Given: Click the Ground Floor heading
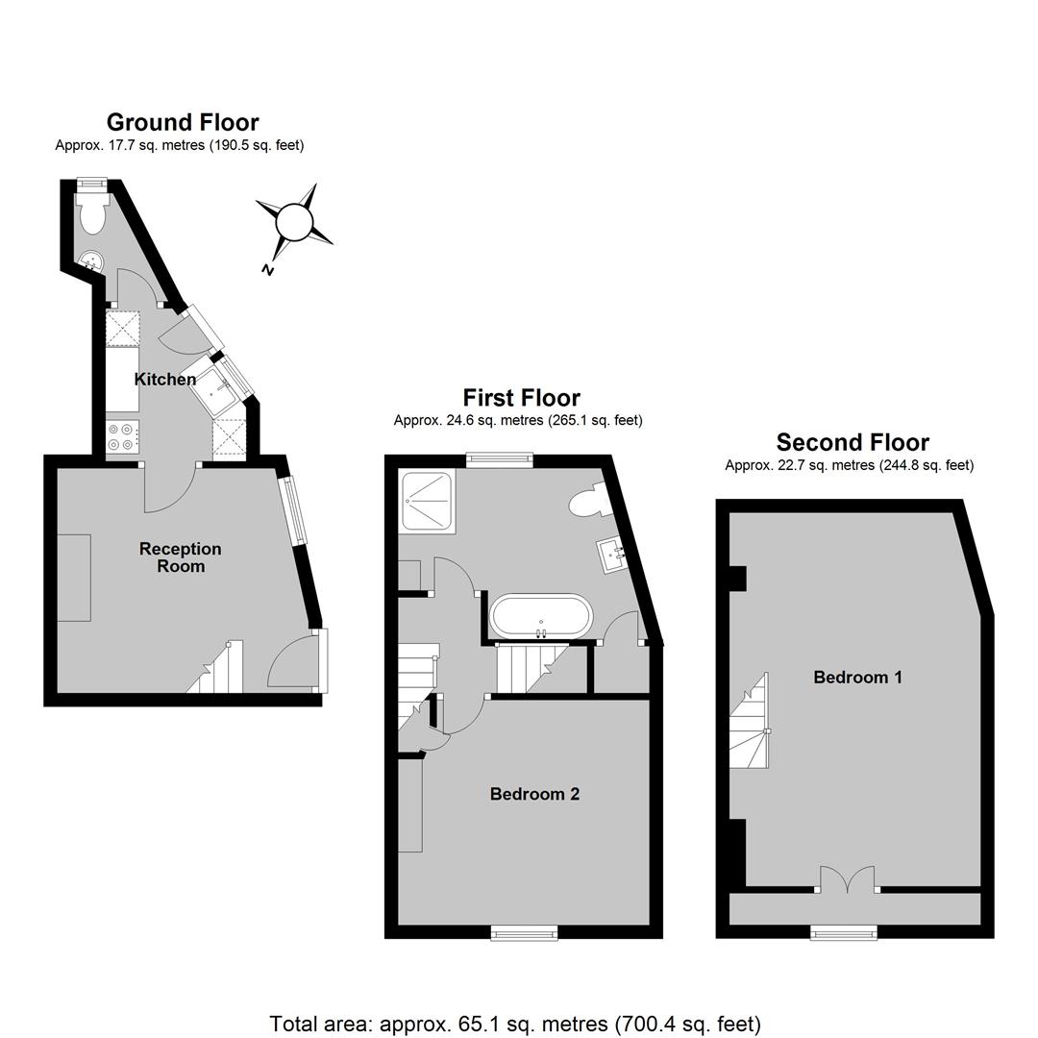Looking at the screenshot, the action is [183, 122].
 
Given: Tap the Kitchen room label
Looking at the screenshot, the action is [165, 380].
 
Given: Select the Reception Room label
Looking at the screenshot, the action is [180, 557].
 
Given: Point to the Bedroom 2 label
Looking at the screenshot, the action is [535, 794].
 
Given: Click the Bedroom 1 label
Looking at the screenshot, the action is [857, 678].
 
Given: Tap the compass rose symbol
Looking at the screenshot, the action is [294, 222].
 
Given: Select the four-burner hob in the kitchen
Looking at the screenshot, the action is [122, 436].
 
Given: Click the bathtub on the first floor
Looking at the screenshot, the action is [541, 617].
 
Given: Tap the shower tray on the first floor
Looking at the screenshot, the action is [428, 500].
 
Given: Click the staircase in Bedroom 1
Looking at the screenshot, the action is [749, 722].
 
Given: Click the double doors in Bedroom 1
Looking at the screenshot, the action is [848, 879].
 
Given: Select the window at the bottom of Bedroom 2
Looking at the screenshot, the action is [525, 932].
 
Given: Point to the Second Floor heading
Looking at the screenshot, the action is [853, 442].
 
